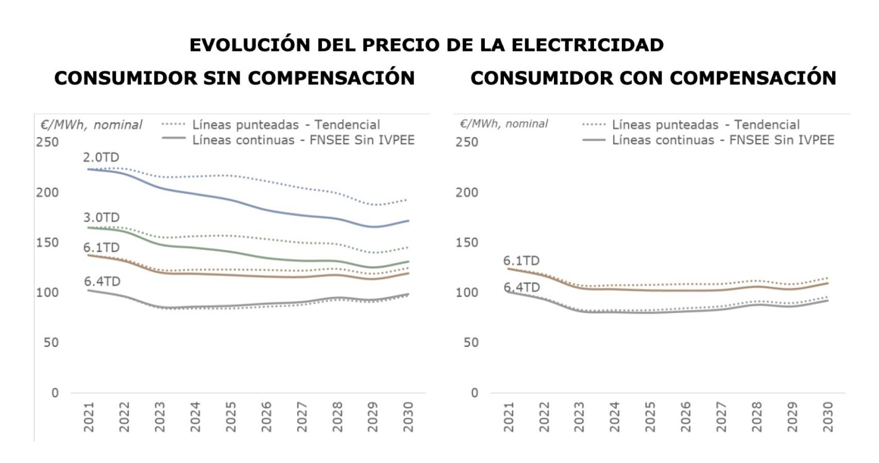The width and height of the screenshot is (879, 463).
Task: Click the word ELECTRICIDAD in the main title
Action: click(x=587, y=45)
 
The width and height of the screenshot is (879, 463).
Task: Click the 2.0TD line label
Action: click(x=101, y=157)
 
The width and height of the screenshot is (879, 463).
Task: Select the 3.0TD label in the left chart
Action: click(x=102, y=218)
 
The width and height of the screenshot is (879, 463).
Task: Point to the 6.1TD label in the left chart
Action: click(x=102, y=247)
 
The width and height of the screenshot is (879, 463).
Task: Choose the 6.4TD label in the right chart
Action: click(x=521, y=287)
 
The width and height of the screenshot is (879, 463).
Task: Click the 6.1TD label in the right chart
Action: click(x=521, y=261)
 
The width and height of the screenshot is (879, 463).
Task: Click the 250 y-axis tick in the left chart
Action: click(x=47, y=142)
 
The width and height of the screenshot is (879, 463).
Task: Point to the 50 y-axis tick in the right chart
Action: click(x=471, y=343)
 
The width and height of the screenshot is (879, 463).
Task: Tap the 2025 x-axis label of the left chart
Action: click(x=231, y=417)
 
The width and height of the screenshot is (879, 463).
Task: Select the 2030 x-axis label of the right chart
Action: click(x=827, y=417)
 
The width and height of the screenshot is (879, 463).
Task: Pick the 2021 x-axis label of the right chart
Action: click(x=509, y=417)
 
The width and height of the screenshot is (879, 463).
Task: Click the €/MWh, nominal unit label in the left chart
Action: click(x=91, y=125)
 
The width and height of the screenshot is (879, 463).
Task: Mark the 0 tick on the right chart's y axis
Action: click(x=475, y=393)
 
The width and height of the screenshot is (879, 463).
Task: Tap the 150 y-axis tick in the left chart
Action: click(x=47, y=242)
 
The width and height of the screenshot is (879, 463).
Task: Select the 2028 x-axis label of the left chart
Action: click(x=337, y=417)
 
